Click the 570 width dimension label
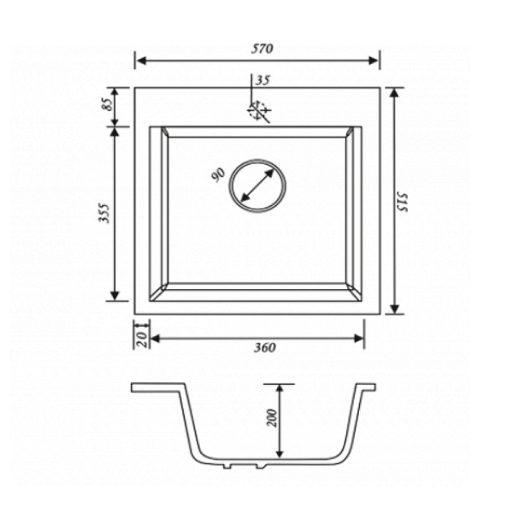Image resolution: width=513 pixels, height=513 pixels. coord(262,49)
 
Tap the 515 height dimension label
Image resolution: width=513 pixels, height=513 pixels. coord(402,202)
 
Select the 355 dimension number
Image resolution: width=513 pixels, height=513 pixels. coord(104,213)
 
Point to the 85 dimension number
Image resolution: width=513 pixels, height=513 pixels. coord(109,104)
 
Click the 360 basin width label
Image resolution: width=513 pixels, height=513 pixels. coord(265,347)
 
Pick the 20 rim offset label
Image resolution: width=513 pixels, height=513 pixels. coord(141,339)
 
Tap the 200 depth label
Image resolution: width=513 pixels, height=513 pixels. coord(272,418)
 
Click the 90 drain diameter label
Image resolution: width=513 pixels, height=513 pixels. coord(218,174)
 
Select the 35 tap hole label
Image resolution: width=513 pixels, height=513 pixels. coord(262,80)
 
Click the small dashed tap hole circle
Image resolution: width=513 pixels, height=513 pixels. coord(257,110)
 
